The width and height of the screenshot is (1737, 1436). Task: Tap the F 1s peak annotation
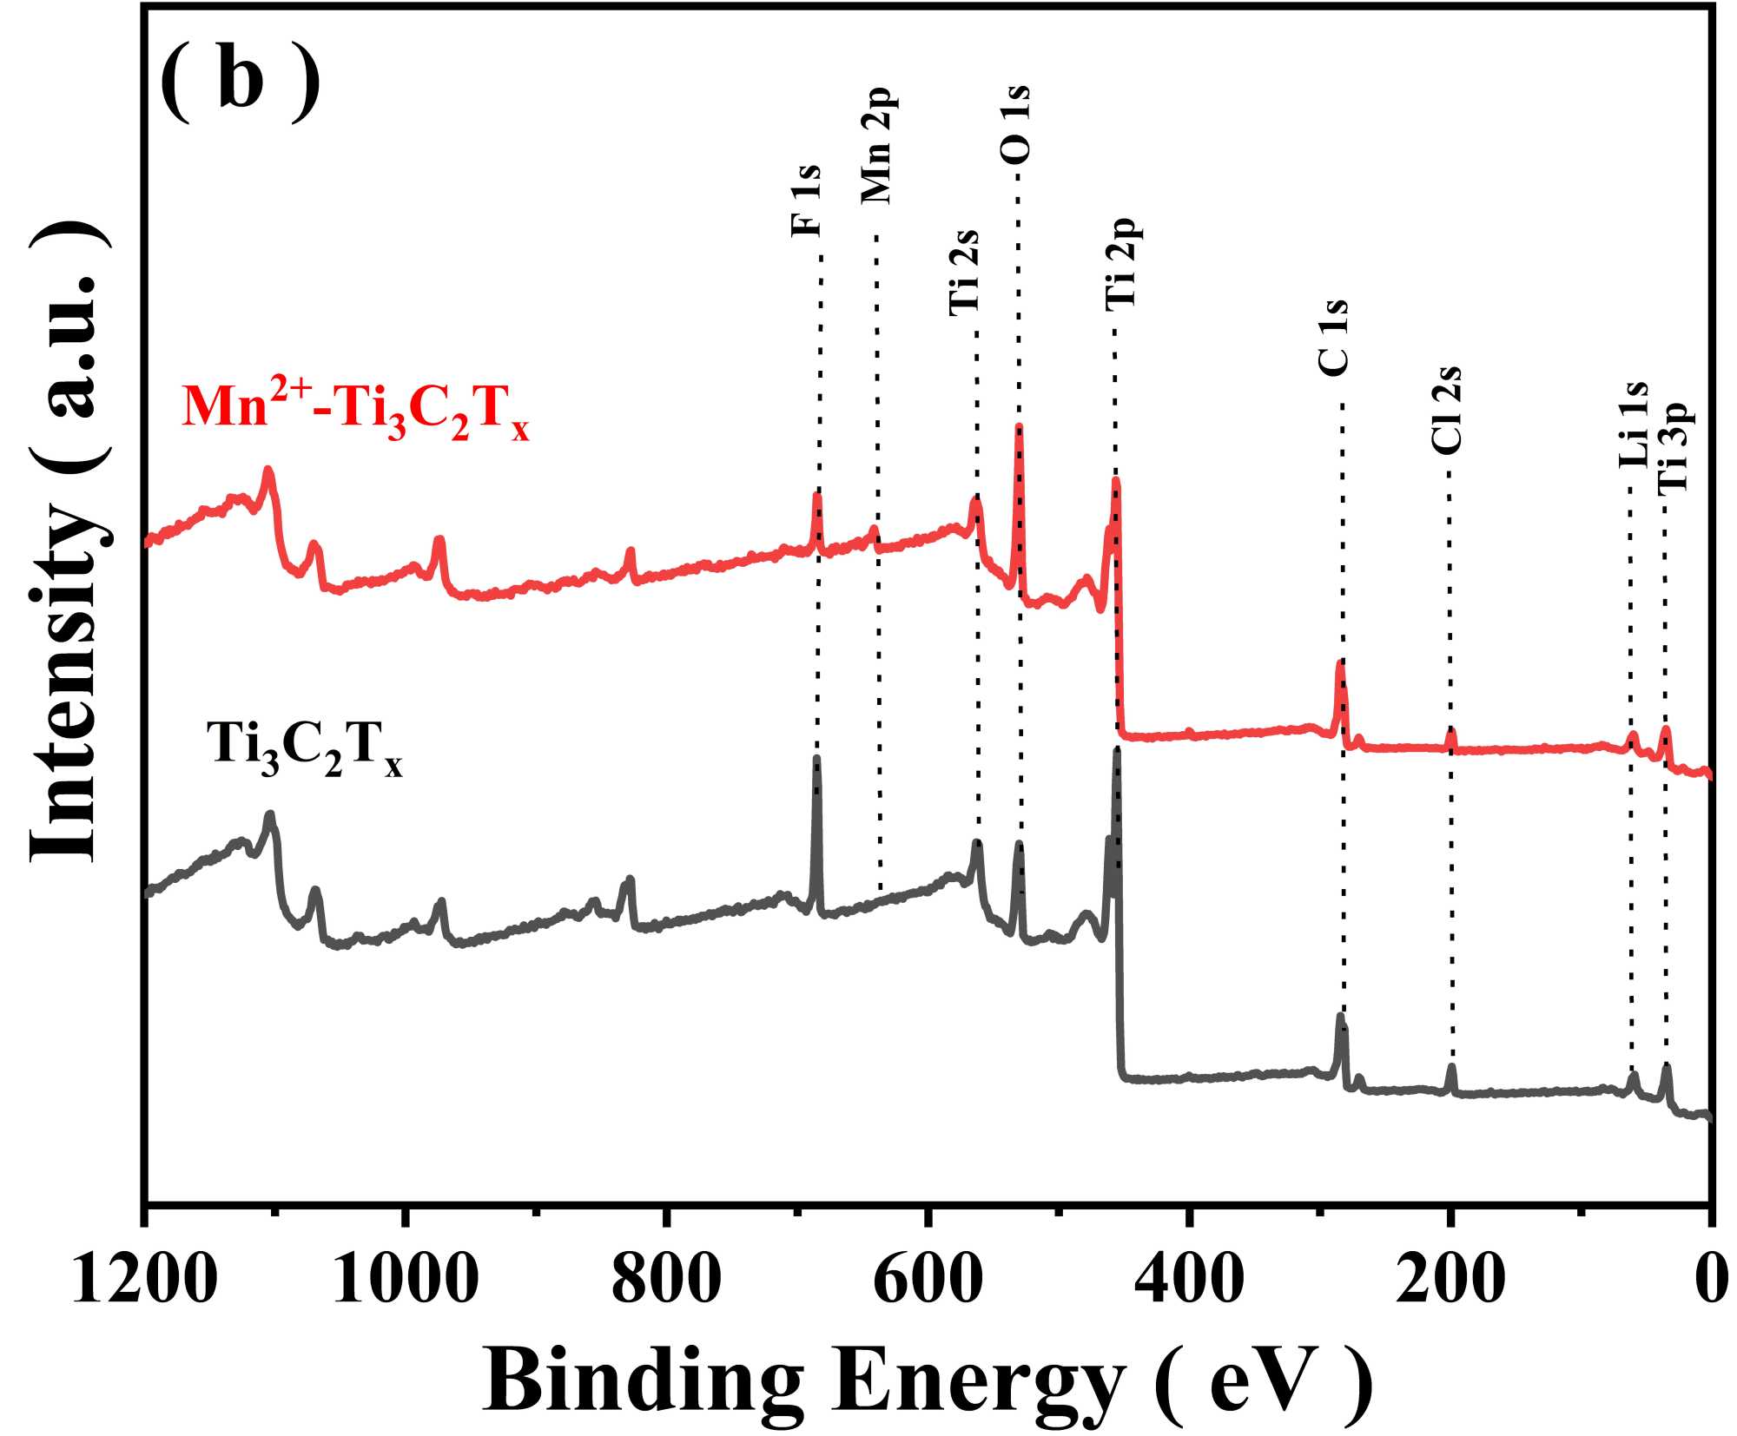(806, 201)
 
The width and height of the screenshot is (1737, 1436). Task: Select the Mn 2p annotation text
(877, 146)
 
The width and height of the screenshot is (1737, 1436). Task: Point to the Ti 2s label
(965, 272)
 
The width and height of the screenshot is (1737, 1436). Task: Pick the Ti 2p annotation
(1123, 263)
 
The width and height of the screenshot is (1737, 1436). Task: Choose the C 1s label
(1333, 338)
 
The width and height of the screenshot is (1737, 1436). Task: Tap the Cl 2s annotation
(1447, 410)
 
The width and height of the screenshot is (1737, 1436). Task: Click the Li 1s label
(1634, 424)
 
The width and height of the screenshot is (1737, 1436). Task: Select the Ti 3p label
(1674, 447)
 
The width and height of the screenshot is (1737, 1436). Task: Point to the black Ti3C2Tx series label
(305, 747)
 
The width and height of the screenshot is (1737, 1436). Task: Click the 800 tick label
(666, 1280)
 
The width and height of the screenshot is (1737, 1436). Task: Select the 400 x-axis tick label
(1189, 1280)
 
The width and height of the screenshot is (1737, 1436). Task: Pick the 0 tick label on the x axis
(1710, 1280)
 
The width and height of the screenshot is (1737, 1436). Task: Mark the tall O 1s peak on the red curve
(1019, 427)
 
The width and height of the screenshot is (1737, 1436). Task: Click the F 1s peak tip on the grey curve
(816, 759)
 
